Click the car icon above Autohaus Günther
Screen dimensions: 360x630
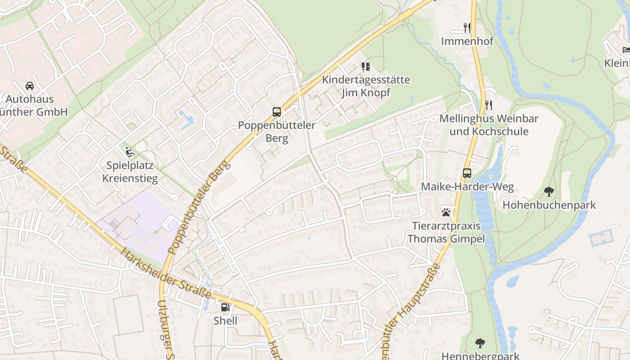pyautogui.click(x=30, y=85)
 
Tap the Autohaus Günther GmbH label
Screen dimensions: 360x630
pyautogui.click(x=31, y=105)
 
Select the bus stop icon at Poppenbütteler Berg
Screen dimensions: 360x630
pyautogui.click(x=277, y=112)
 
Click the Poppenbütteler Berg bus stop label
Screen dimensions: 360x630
pyautogui.click(x=277, y=131)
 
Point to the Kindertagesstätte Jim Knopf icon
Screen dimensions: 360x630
pyautogui.click(x=366, y=67)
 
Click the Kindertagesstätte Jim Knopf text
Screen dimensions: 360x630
pyautogui.click(x=366, y=86)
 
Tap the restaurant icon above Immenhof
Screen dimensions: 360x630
pyautogui.click(x=467, y=28)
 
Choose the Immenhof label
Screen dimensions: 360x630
pyautogui.click(x=467, y=41)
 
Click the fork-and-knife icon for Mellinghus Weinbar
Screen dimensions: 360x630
pyautogui.click(x=489, y=105)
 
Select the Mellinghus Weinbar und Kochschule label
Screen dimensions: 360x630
pyautogui.click(x=489, y=125)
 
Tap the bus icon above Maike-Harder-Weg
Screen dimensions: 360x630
pyautogui.click(x=467, y=173)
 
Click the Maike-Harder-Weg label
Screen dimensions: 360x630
pyautogui.click(x=467, y=187)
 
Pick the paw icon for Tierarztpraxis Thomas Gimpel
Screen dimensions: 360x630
pyautogui.click(x=446, y=212)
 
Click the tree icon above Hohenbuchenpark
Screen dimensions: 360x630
pyautogui.click(x=549, y=192)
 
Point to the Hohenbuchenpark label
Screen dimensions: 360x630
pyautogui.click(x=549, y=205)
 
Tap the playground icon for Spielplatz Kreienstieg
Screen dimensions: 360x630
pyautogui.click(x=130, y=152)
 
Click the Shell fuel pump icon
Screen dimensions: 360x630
pyautogui.click(x=225, y=307)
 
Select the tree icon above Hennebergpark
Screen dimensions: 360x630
pyautogui.click(x=480, y=343)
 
